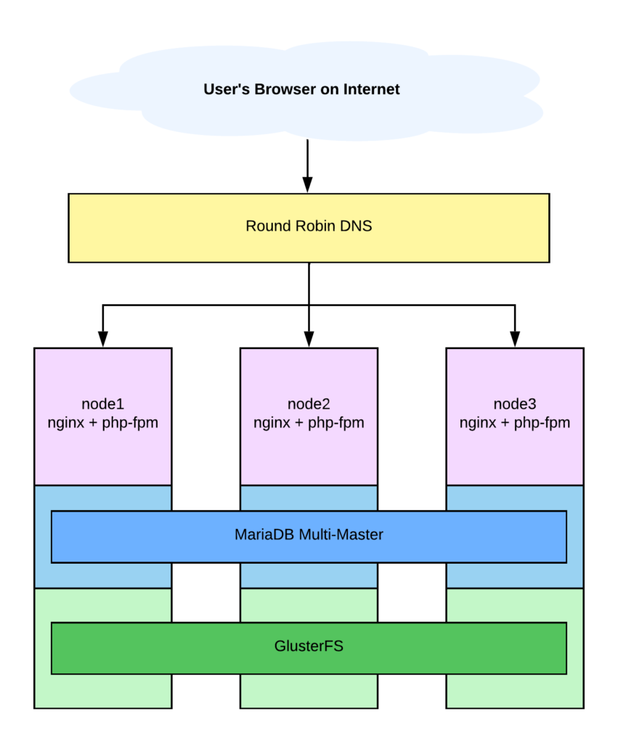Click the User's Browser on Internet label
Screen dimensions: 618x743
pyautogui.click(x=301, y=89)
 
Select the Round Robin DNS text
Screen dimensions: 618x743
pyautogui.click(x=309, y=226)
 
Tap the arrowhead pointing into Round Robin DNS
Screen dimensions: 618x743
pyautogui.click(x=307, y=185)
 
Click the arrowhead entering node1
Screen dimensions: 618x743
pyautogui.click(x=103, y=340)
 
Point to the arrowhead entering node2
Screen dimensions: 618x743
pyautogui.click(x=309, y=340)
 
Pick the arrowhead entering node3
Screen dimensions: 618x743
pyautogui.click(x=515, y=340)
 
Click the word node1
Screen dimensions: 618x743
pyautogui.click(x=103, y=404)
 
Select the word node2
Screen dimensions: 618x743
pyautogui.click(x=309, y=404)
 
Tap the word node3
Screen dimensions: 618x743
pyautogui.click(x=515, y=404)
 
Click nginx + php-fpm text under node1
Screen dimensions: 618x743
pyautogui.click(x=103, y=423)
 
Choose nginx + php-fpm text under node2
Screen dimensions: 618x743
pyautogui.click(x=309, y=423)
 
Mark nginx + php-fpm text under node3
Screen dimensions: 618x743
pyautogui.click(x=515, y=423)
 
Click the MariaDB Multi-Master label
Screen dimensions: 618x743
pyautogui.click(x=309, y=535)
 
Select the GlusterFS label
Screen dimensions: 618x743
pyautogui.click(x=309, y=646)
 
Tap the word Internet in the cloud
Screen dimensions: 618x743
pyautogui.click(x=371, y=89)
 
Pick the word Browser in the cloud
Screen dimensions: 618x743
pyautogui.click(x=285, y=89)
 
